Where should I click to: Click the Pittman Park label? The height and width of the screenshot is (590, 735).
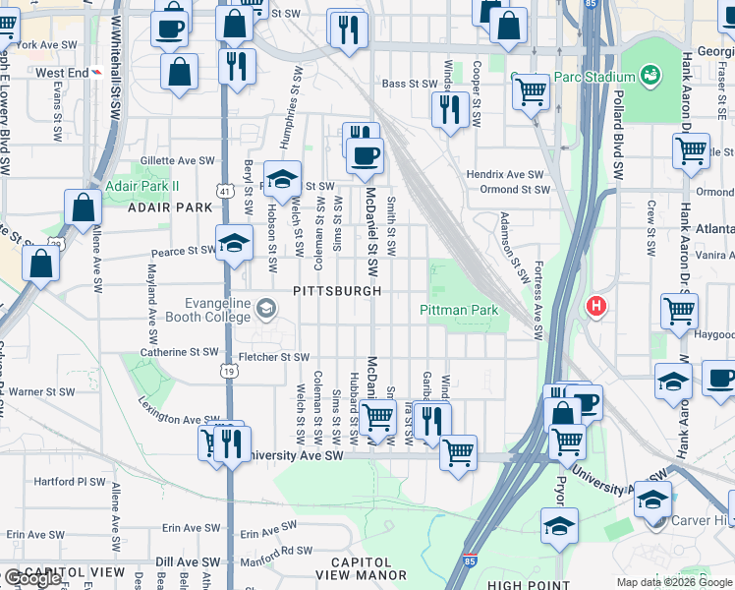459,310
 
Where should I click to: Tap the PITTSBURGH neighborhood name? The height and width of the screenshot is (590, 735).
337,291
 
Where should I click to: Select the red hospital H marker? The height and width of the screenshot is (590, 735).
594,307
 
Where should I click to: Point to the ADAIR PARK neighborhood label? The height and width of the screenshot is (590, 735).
169,207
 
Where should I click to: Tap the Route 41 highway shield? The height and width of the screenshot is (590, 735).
226,190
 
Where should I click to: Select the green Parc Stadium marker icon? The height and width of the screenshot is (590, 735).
649,75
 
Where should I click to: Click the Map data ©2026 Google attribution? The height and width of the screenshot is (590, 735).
674,582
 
